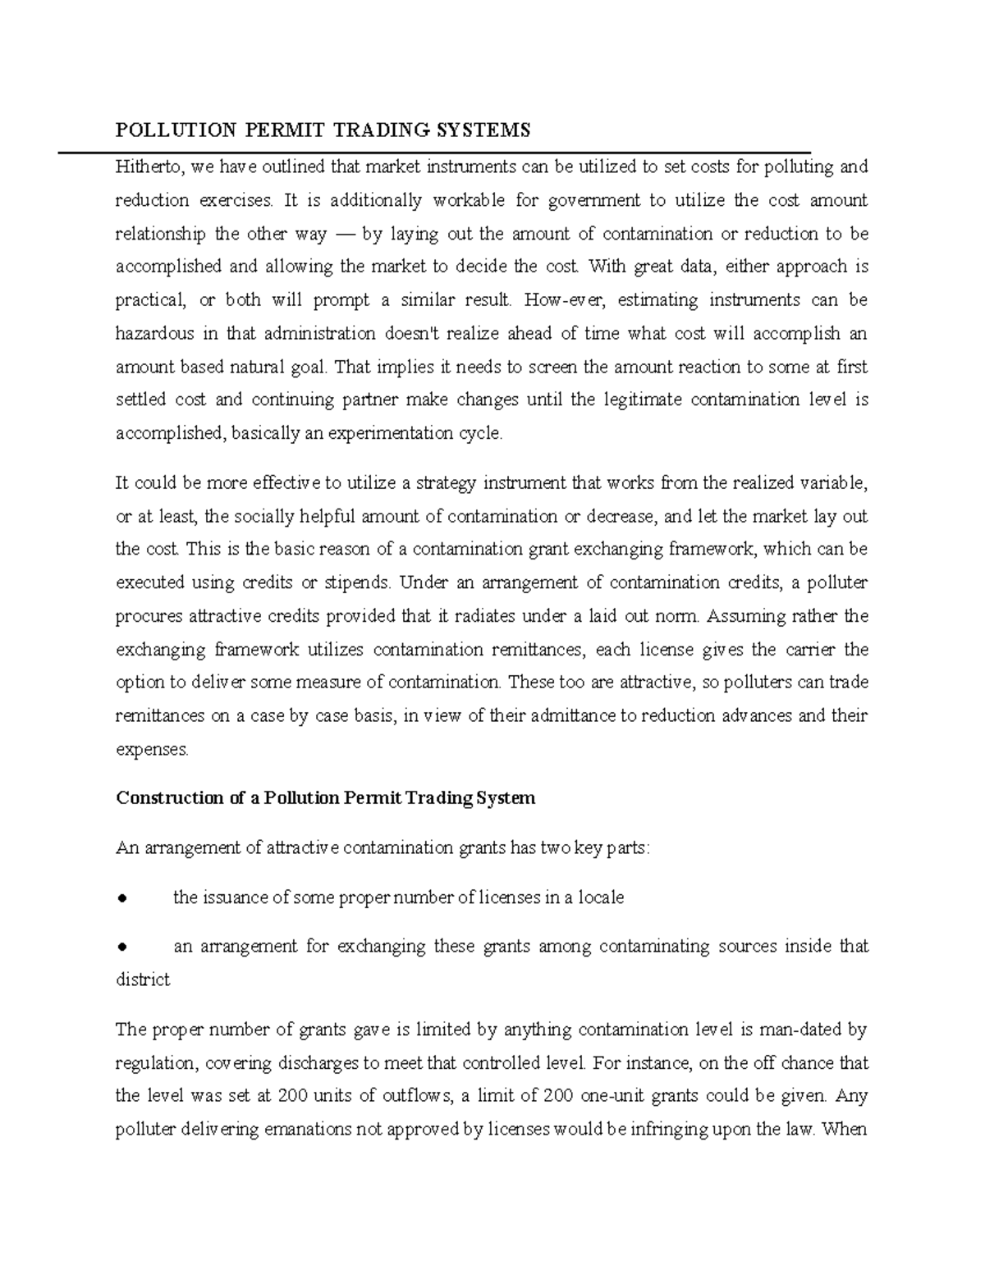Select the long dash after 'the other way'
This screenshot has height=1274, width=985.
pyautogui.click(x=344, y=234)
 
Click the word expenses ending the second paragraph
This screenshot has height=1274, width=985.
pyautogui.click(x=151, y=749)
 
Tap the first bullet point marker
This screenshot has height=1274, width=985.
pyautogui.click(x=121, y=898)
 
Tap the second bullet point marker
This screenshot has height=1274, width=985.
pyautogui.click(x=121, y=947)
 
